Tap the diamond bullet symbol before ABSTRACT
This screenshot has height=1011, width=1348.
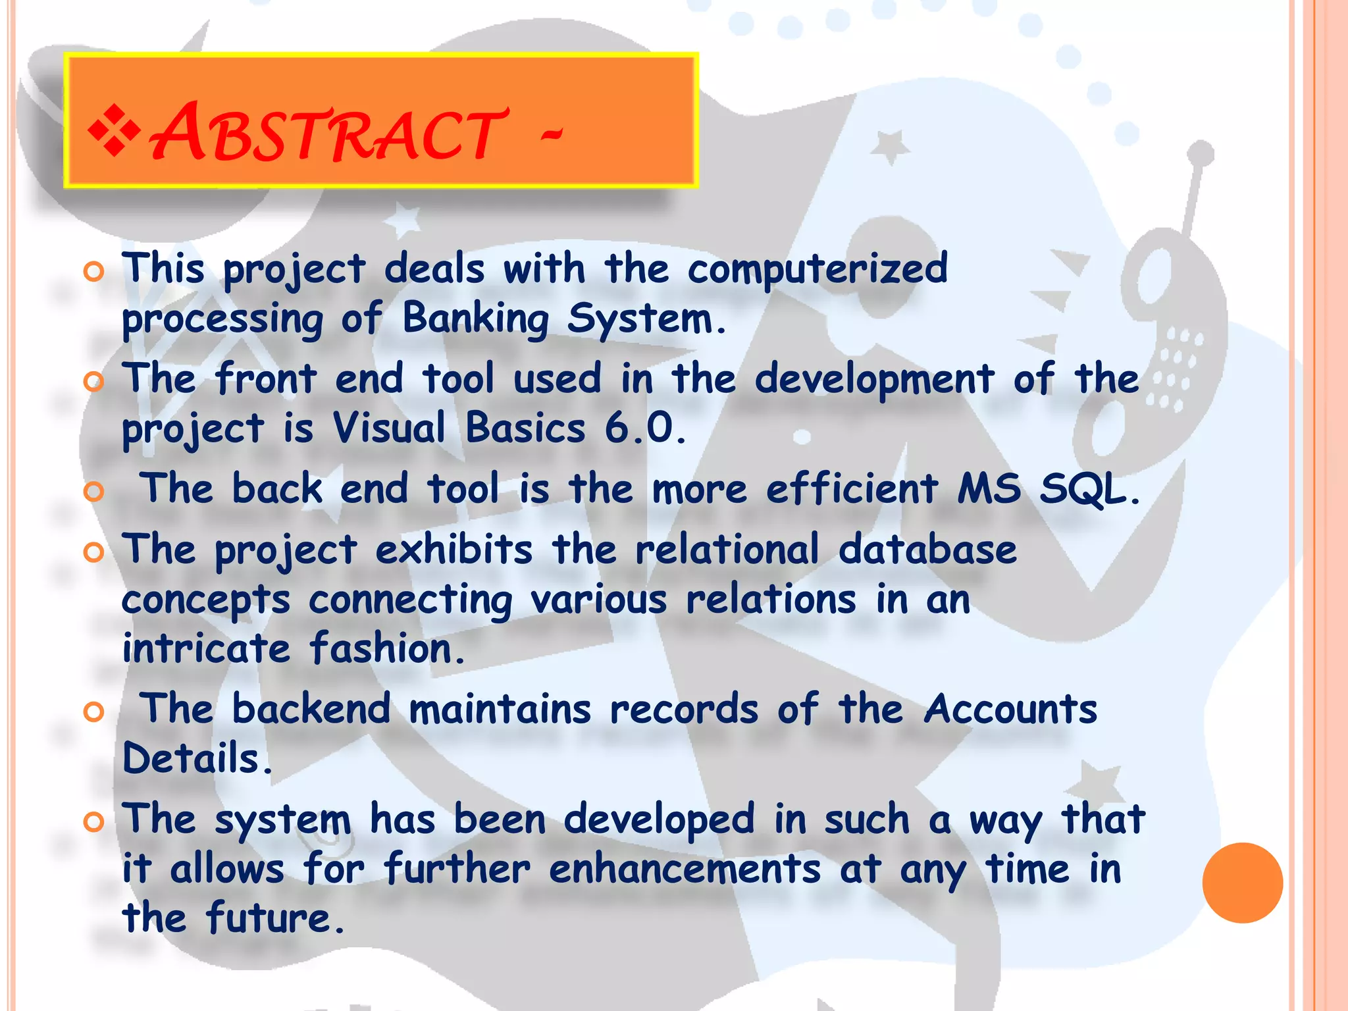pos(114,132)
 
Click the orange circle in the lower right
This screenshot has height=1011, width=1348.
pos(1242,883)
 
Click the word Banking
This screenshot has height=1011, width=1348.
pos(475,320)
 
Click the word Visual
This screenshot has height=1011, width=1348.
pos(389,428)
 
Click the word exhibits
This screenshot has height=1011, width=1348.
pos(454,550)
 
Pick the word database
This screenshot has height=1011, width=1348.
pos(927,550)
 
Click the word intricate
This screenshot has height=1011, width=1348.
pos(206,648)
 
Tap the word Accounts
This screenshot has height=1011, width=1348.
pos(1010,710)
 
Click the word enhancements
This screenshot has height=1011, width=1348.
pos(685,869)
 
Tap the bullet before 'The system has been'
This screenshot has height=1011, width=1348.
pos(94,821)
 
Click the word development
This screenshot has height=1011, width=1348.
pos(874,380)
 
